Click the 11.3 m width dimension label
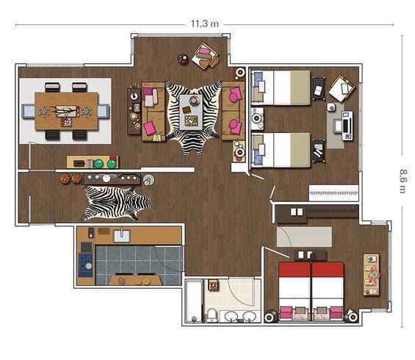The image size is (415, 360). pos(205,24)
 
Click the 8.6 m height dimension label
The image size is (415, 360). pos(403,181)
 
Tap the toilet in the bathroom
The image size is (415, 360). pos(212,315)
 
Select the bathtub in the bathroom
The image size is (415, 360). pos(194,301)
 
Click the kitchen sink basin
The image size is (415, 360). pos(122,236)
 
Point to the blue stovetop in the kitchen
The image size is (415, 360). pos(85,265)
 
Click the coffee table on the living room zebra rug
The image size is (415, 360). pos(191,112)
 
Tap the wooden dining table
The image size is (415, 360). pos(66,111)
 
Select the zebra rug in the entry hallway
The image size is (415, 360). pos(116,203)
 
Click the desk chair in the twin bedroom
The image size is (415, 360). pos(337,125)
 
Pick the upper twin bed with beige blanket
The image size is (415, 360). pos(281,87)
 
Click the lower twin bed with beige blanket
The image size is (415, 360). pos(281,150)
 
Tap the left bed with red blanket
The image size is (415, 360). pos(295,291)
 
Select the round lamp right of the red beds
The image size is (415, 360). pos(352,316)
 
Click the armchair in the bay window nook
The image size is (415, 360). pos(205,56)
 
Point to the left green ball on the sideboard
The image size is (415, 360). pos(98,164)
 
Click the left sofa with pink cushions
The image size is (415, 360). pos(154,112)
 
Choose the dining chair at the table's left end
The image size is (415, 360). pos(29,111)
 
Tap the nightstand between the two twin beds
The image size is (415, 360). pos(257,118)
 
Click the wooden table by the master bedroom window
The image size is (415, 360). pos(371,275)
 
